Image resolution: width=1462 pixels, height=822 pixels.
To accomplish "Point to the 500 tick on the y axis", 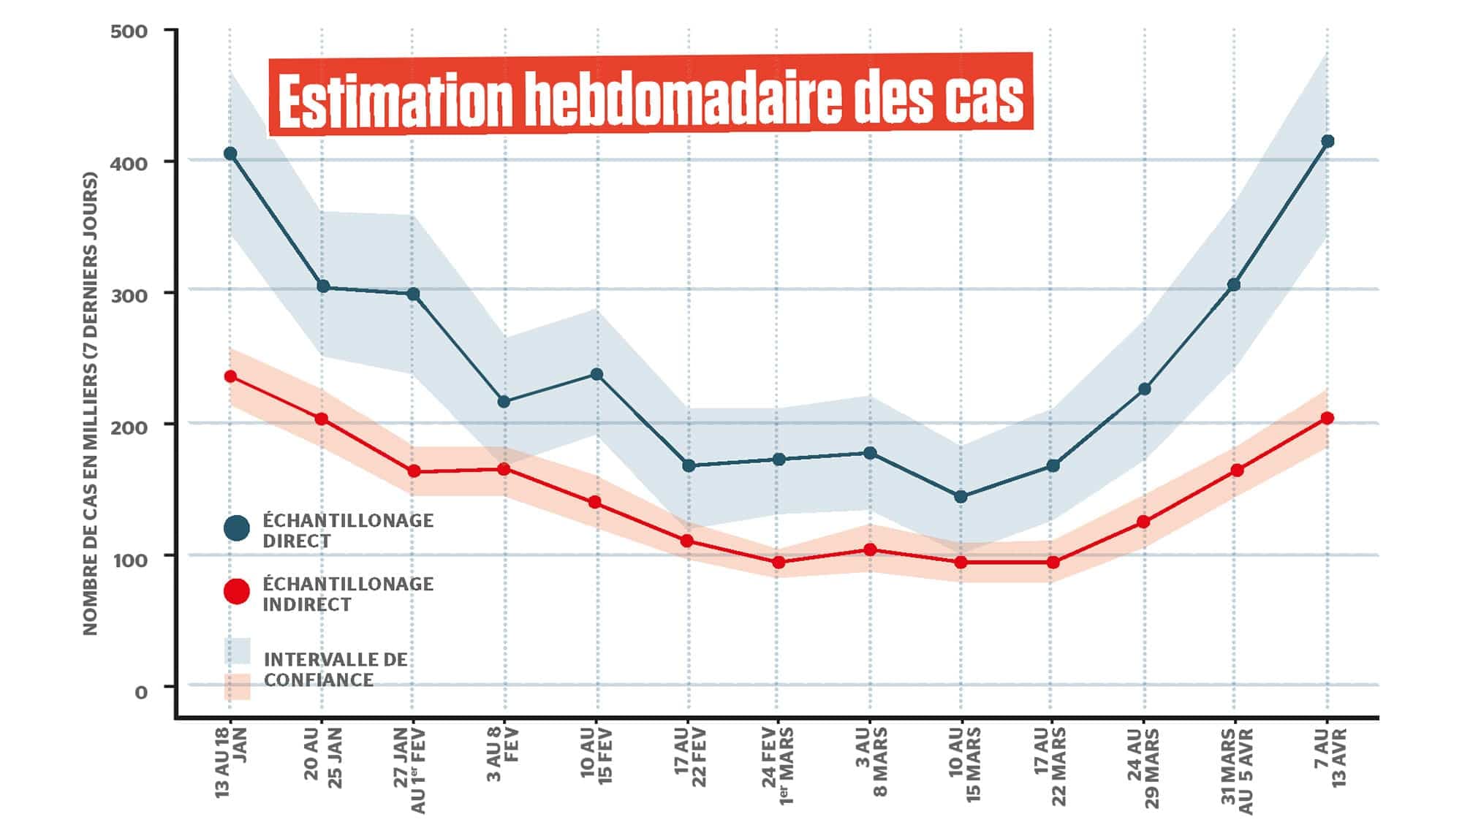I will (129, 32).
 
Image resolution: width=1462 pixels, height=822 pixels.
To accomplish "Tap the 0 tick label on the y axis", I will (141, 691).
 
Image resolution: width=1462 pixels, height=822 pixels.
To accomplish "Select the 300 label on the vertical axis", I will (129, 295).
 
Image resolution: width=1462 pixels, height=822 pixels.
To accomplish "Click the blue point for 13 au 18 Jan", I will (230, 153).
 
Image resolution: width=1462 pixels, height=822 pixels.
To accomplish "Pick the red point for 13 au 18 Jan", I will (230, 376).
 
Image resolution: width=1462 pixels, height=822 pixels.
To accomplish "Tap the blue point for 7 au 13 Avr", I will (1327, 141).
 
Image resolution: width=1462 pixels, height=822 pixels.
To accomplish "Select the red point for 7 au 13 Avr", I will (1327, 418).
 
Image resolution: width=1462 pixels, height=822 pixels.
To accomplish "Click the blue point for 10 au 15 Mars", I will (961, 497).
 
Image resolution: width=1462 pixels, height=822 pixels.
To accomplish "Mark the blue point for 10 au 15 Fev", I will (596, 374).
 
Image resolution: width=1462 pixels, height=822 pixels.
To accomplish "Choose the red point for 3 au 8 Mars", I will (870, 549).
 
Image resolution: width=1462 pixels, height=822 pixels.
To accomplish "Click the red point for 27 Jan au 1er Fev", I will (414, 471).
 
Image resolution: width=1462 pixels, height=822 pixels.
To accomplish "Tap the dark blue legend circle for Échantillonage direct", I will (236, 528).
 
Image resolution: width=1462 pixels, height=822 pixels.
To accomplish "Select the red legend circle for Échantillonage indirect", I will (236, 591).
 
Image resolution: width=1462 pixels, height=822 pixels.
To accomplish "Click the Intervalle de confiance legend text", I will (335, 669).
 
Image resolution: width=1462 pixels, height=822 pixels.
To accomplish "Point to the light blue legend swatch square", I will (237, 651).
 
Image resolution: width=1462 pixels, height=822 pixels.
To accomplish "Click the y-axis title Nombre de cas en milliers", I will (91, 403).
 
